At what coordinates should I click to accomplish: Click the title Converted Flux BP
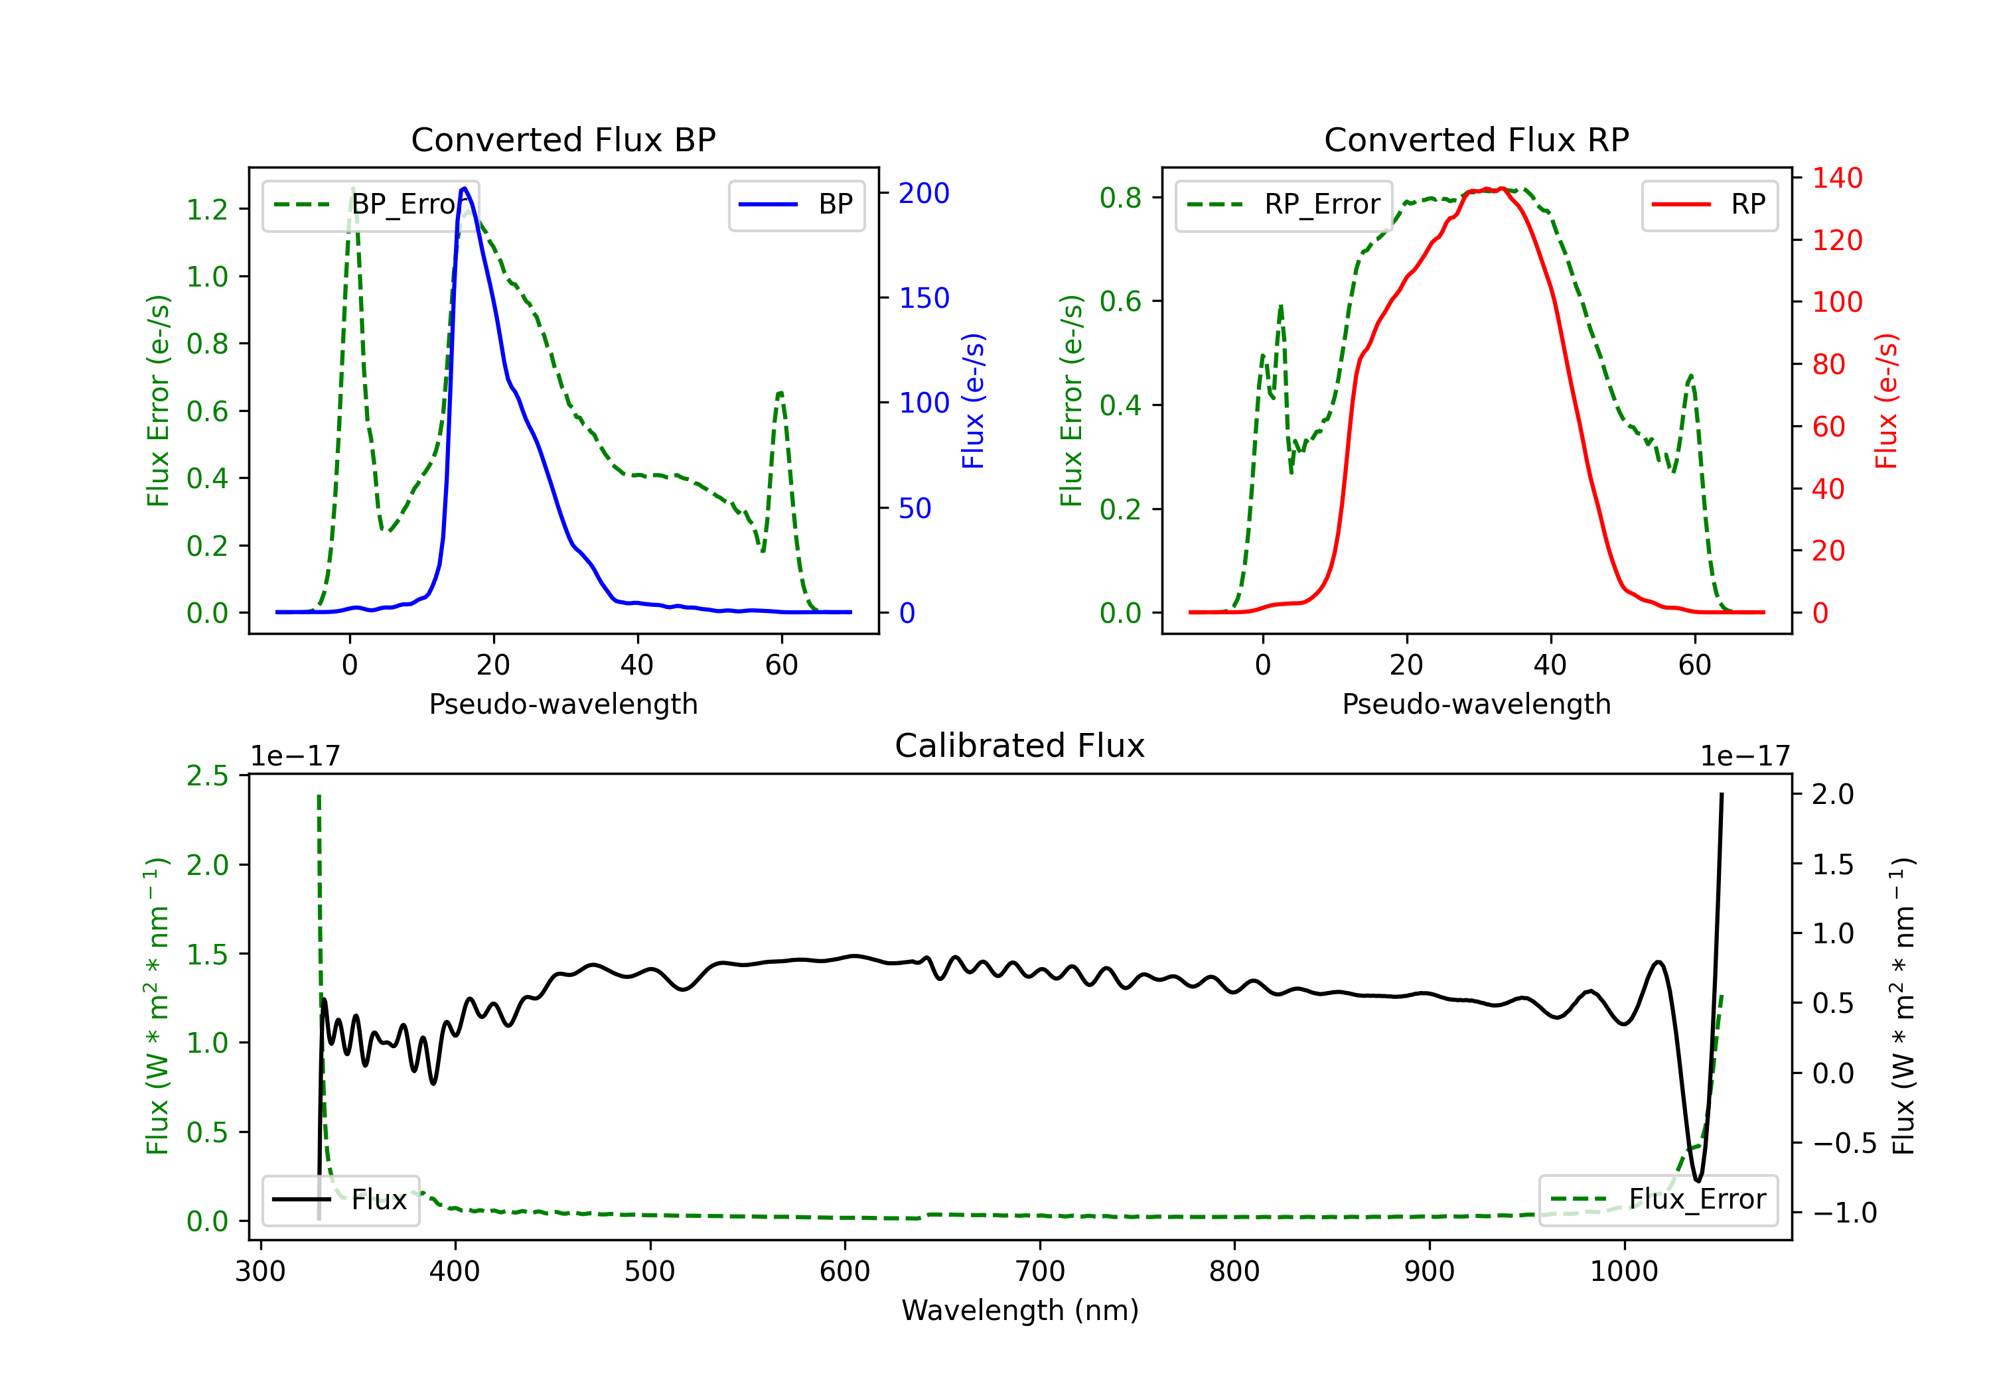click(x=563, y=139)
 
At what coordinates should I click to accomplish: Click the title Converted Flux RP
click(x=1476, y=139)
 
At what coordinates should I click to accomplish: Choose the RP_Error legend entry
click(x=1284, y=204)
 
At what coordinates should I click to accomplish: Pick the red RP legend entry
click(x=1709, y=204)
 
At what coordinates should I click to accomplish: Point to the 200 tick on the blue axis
click(x=924, y=193)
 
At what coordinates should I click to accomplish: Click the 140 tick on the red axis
click(x=1836, y=178)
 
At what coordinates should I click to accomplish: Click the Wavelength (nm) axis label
click(x=1020, y=1310)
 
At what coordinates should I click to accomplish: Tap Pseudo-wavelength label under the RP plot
click(x=1476, y=704)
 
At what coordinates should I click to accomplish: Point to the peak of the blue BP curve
click(x=465, y=188)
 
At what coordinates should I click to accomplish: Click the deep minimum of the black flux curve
click(x=1697, y=1180)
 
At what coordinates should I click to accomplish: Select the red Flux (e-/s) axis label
click(x=1886, y=401)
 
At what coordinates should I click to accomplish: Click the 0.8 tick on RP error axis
click(x=1120, y=198)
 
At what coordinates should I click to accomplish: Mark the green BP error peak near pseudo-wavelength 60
click(x=780, y=393)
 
